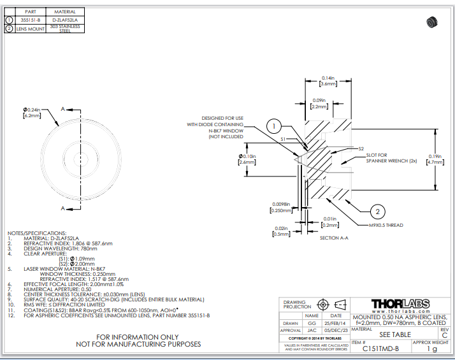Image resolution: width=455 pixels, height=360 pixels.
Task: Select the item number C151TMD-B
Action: click(380, 349)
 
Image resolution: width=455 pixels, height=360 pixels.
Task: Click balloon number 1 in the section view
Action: click(274, 126)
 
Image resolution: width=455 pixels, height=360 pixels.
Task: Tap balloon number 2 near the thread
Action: click(377, 211)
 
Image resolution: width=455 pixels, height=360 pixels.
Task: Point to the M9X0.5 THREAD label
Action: click(386, 225)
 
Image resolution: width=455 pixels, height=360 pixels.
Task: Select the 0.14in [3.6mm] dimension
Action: click(328, 80)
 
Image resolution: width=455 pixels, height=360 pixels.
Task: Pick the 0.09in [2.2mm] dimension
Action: click(319, 103)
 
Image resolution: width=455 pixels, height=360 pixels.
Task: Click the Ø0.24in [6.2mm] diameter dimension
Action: click(32, 113)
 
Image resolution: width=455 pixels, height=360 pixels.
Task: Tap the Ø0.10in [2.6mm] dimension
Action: click(247, 159)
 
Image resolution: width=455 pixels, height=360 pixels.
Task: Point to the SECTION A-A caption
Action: click(336, 238)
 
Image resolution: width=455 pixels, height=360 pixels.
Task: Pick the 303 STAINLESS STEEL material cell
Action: click(65, 28)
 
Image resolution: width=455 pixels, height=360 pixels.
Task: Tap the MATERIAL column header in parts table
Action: click(65, 12)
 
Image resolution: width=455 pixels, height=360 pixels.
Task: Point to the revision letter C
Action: click(444, 335)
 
